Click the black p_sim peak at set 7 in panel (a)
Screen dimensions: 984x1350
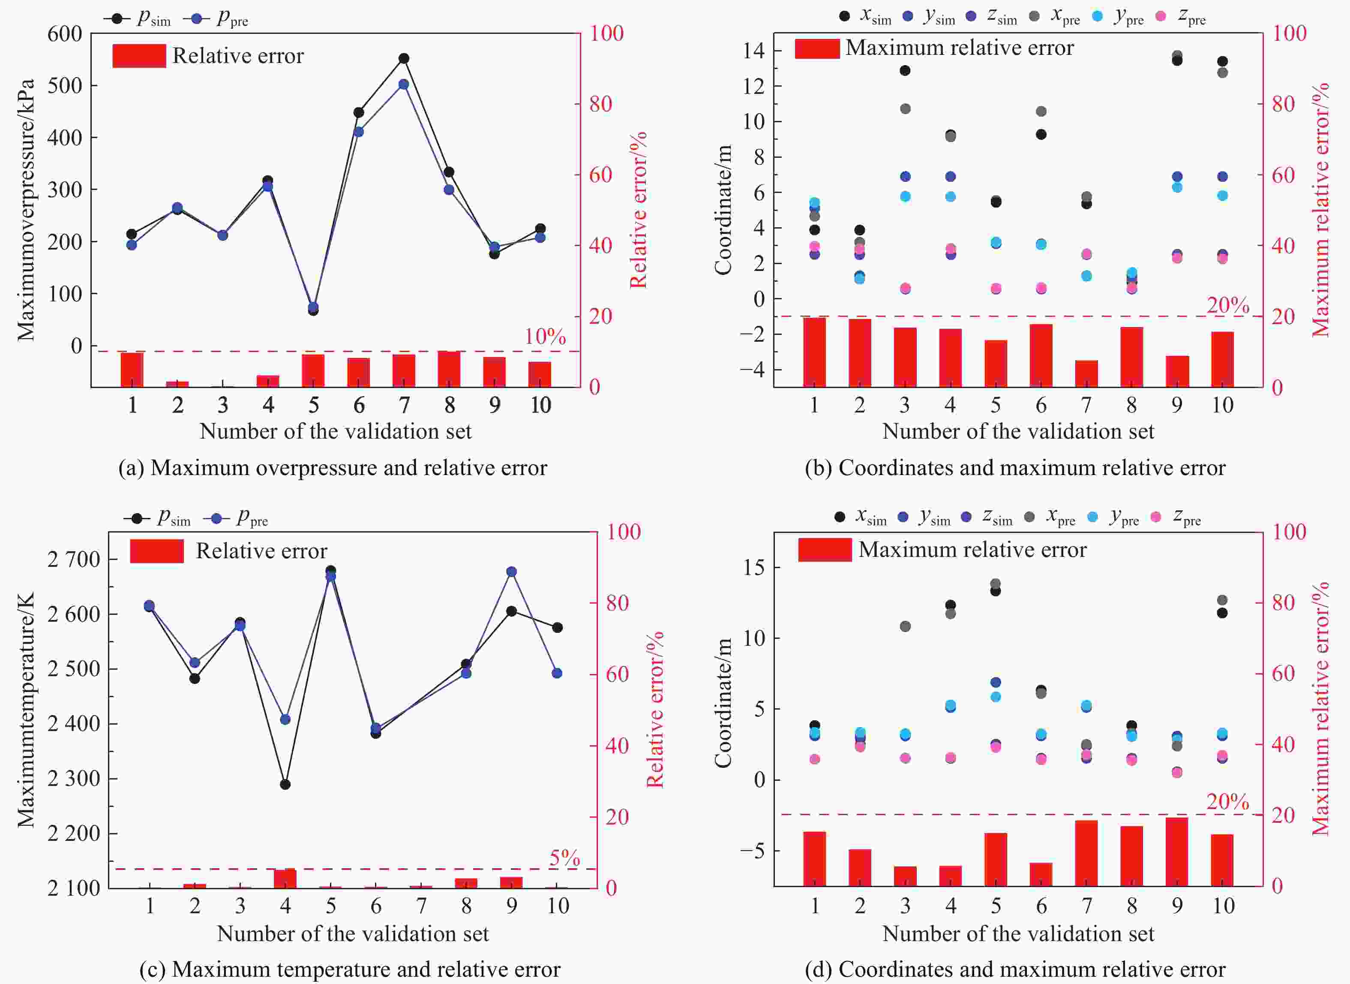[404, 58]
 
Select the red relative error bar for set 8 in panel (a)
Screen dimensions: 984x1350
[450, 369]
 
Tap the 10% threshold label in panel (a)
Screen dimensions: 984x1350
[545, 337]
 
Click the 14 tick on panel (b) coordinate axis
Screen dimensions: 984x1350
[753, 51]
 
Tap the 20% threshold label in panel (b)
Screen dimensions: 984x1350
[1227, 306]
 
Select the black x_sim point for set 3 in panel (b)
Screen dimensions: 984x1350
[905, 70]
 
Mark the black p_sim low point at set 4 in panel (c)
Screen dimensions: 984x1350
[285, 785]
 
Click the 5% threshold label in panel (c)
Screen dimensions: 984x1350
[564, 858]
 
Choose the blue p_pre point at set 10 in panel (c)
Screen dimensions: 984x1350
[557, 673]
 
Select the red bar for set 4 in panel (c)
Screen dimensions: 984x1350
[285, 879]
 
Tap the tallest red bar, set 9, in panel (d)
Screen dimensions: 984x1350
[1177, 852]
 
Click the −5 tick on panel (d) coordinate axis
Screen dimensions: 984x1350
[753, 851]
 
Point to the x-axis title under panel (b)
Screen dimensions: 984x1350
[1018, 431]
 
